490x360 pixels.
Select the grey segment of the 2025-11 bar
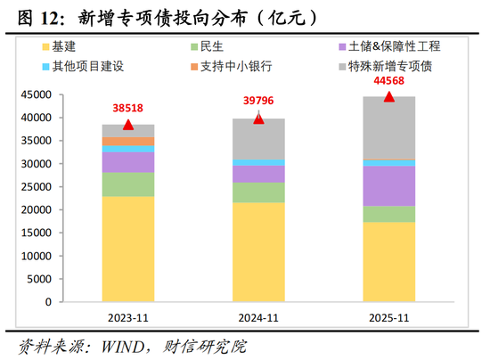tap(388, 127)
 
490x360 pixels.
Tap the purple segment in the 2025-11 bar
tap(388, 185)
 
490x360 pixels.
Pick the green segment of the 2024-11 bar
tap(258, 192)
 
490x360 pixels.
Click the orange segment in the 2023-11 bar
tap(128, 141)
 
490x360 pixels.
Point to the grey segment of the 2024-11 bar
tap(258, 139)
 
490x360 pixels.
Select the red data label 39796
tap(258, 100)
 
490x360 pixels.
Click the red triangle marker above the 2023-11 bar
tap(128, 125)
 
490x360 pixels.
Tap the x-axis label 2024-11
tap(258, 318)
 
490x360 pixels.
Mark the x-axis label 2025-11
tap(388, 318)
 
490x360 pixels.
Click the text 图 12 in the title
tap(36, 15)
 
